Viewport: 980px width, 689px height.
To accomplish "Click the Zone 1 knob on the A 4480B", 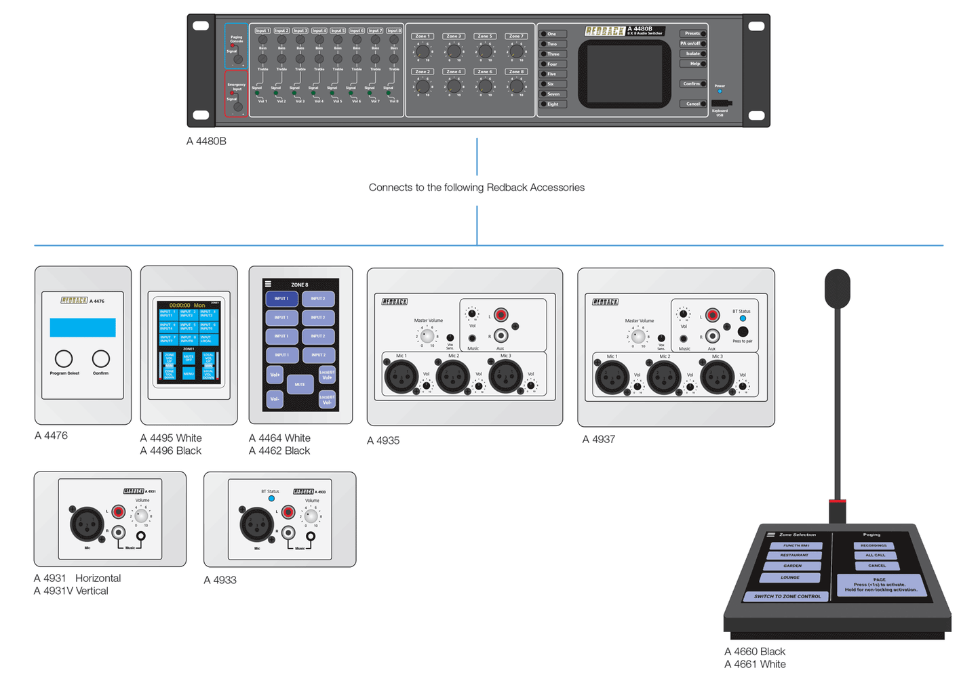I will tap(423, 51).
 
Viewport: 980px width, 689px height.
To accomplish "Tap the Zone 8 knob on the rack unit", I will tap(516, 86).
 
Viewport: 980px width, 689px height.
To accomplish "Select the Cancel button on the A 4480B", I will tap(693, 104).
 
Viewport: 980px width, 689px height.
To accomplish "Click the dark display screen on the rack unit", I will tap(624, 73).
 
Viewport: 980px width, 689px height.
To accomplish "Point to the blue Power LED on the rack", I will tap(720, 91).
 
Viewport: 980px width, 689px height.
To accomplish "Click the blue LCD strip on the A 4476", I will tap(83, 327).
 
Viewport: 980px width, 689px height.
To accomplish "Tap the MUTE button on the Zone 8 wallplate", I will tap(300, 384).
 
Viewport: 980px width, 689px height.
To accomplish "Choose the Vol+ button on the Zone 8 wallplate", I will tap(275, 375).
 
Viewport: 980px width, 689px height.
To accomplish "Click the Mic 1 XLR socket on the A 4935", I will tap(401, 377).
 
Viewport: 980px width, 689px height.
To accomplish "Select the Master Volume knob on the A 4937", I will tap(638, 336).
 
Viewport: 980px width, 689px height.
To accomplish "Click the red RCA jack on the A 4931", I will tap(119, 511).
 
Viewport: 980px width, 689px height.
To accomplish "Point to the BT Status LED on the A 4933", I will tap(271, 499).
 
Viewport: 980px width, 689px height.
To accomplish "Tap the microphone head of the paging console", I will tap(838, 289).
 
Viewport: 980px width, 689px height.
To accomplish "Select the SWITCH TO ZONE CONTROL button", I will tap(787, 596).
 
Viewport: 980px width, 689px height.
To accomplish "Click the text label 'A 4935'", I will tap(383, 440).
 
